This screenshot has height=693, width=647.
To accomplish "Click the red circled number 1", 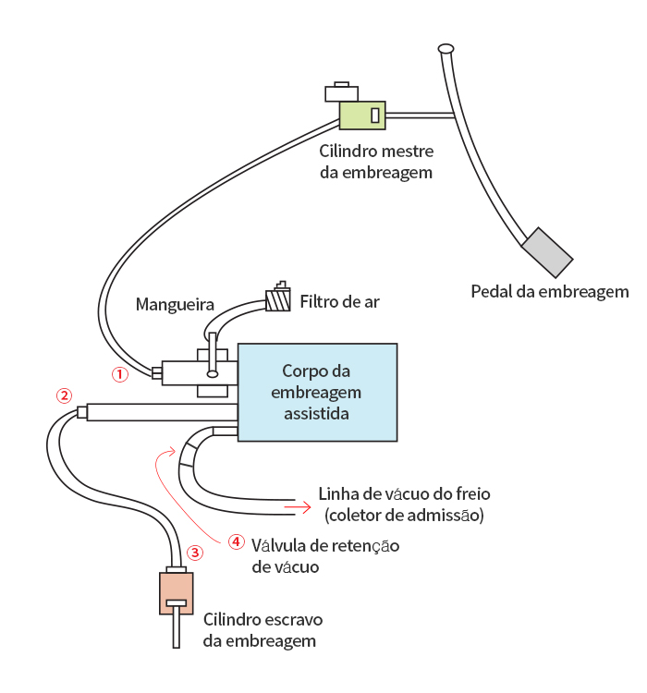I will (118, 374).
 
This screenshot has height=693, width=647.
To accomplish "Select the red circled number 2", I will (63, 395).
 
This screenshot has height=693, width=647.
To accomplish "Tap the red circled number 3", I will (194, 553).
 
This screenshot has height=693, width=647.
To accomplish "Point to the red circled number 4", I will (236, 541).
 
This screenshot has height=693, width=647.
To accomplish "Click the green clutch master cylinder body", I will (361, 115).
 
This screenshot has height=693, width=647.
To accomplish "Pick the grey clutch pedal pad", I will (547, 251).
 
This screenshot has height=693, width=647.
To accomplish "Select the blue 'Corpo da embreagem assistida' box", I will (317, 392).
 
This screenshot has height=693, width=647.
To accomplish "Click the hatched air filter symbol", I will (277, 300).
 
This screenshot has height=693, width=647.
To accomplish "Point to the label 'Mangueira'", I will (175, 304).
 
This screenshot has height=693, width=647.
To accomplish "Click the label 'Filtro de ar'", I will (339, 302).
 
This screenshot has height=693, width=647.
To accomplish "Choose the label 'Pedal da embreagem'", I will (549, 292).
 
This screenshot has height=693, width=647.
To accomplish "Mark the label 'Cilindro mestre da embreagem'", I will (376, 162).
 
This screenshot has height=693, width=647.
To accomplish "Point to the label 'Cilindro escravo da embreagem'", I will (262, 629).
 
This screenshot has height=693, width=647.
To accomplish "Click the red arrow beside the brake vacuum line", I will (297, 506).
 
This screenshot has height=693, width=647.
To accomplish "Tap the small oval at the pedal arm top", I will (446, 47).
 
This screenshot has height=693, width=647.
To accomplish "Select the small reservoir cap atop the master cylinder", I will (342, 90).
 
